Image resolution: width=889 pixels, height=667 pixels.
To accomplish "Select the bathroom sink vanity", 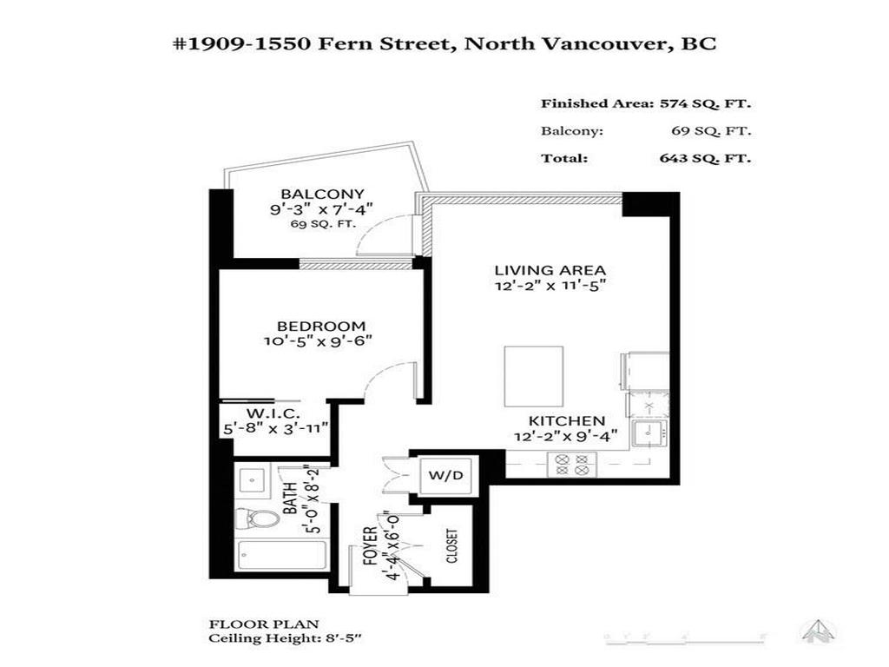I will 255,479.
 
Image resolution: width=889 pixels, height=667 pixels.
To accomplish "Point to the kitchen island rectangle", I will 533,375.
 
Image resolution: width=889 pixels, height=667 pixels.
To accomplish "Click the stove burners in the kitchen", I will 570,465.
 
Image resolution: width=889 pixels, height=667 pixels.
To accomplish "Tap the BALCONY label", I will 309,194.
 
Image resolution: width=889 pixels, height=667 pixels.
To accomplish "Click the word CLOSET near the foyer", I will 451,546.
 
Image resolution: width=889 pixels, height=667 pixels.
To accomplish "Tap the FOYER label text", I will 369,548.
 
